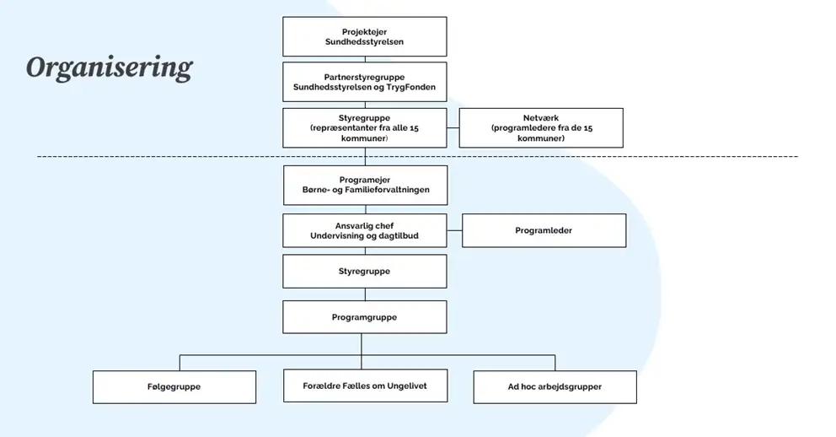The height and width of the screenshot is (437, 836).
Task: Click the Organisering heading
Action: click(x=109, y=67)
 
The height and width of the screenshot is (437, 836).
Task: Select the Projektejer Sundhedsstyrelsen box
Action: click(x=364, y=36)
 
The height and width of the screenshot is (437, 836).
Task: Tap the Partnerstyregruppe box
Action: click(x=364, y=82)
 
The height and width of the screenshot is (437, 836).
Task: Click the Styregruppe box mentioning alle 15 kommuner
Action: click(x=364, y=127)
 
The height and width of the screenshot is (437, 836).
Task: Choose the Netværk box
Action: click(x=540, y=127)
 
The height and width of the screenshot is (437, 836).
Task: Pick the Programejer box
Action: click(x=365, y=185)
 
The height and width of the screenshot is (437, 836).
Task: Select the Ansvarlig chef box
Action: click(x=364, y=230)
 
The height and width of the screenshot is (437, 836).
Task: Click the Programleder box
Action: click(x=544, y=230)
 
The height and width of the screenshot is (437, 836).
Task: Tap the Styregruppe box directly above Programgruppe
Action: click(x=364, y=272)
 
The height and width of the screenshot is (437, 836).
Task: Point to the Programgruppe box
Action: click(x=364, y=317)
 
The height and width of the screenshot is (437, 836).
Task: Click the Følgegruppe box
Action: click(x=174, y=386)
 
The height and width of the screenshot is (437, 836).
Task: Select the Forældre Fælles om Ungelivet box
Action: click(x=364, y=386)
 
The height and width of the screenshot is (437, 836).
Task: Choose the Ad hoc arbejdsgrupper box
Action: click(x=555, y=386)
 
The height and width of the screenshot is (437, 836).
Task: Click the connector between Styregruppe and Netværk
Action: click(x=453, y=128)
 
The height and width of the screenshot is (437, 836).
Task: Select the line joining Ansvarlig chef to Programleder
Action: click(x=454, y=230)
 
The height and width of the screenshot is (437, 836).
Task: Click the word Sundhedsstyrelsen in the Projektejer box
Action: click(x=364, y=42)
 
